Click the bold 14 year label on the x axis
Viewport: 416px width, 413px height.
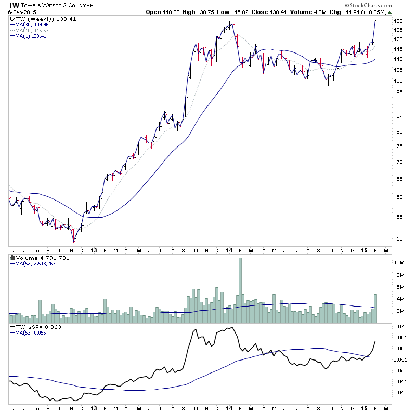pyautogui.click(x=229, y=250)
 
